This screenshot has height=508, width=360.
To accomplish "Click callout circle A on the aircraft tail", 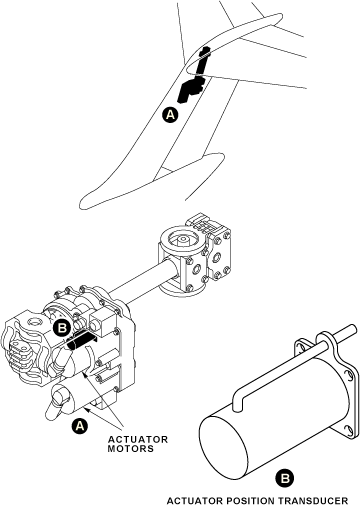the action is (x=170, y=115).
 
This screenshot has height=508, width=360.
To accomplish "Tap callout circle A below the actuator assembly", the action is (x=79, y=426).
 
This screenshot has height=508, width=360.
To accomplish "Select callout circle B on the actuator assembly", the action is (x=62, y=328).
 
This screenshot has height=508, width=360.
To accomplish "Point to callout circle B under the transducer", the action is (x=285, y=479).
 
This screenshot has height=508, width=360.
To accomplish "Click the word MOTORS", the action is (x=131, y=449).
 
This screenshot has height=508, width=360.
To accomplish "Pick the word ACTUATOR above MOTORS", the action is (x=138, y=439).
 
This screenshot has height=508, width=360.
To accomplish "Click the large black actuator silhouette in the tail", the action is (x=191, y=89).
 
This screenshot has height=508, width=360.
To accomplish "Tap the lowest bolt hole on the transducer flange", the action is (x=349, y=430).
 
